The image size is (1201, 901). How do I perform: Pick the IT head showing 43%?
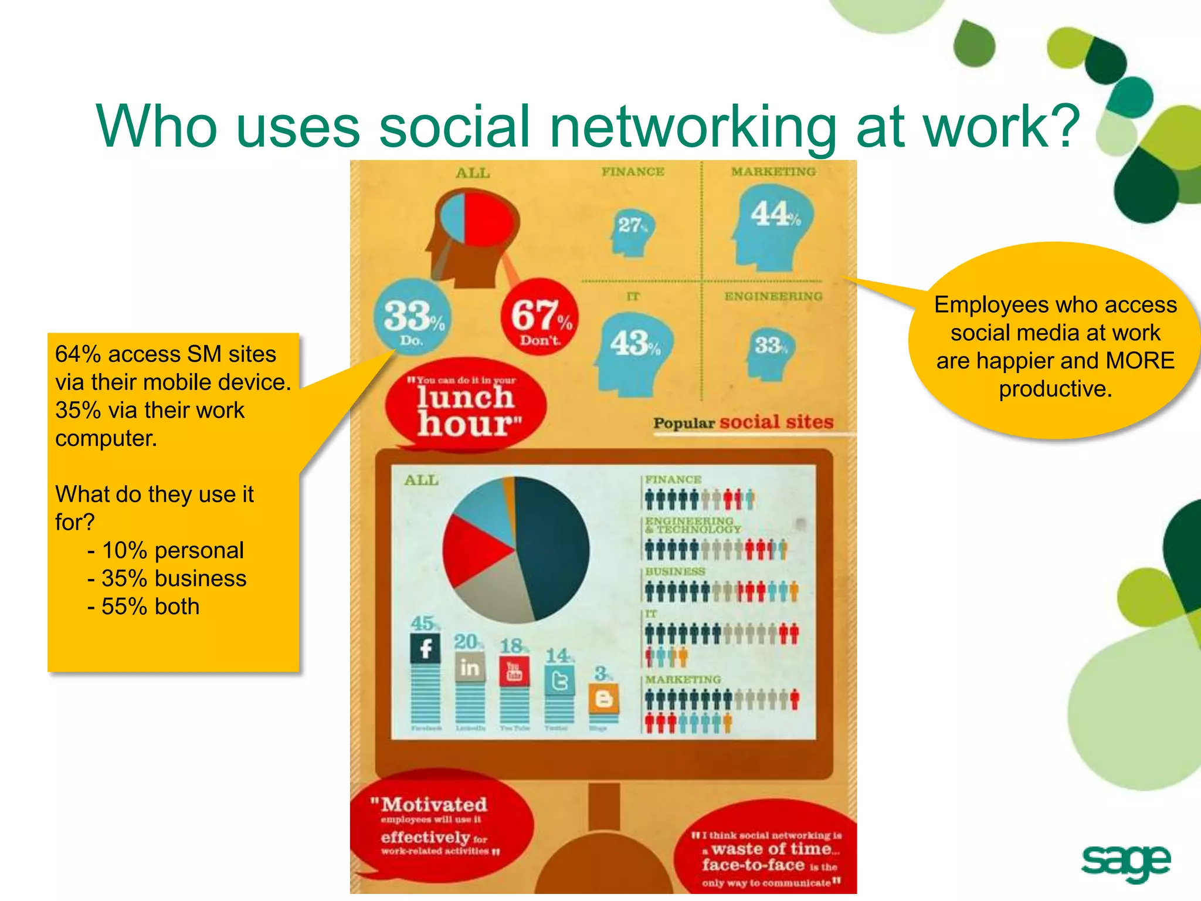tap(633, 352)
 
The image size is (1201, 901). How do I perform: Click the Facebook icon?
tap(425, 649)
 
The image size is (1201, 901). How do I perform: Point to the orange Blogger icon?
tap(604, 698)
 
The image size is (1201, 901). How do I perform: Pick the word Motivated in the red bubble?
tap(435, 804)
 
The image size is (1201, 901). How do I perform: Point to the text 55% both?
tap(151, 607)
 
